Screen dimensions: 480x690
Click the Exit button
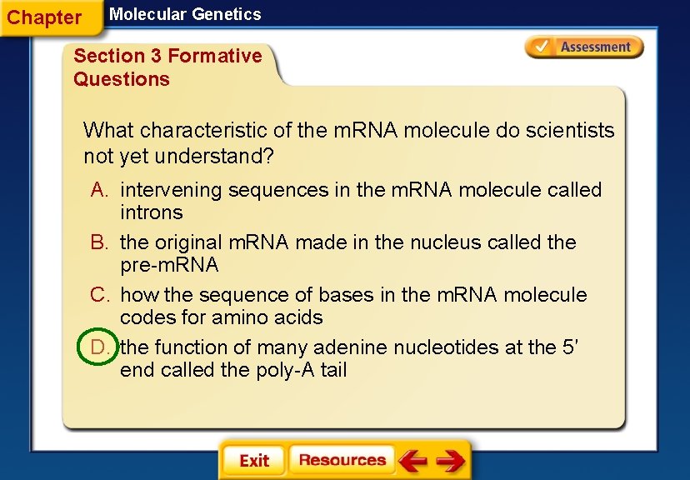click(253, 461)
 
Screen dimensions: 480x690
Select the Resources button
click(342, 460)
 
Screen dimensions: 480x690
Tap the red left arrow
click(412, 460)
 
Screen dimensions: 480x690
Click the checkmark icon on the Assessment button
click(542, 47)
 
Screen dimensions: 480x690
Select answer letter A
click(100, 190)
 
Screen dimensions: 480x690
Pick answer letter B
click(100, 242)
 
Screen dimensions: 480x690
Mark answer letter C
click(100, 295)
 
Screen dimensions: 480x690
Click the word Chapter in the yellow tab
click(44, 17)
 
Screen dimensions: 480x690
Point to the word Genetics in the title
click(224, 14)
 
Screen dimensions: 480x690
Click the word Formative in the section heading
click(215, 56)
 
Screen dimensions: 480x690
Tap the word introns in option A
click(151, 212)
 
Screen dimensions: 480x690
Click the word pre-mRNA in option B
click(169, 265)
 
